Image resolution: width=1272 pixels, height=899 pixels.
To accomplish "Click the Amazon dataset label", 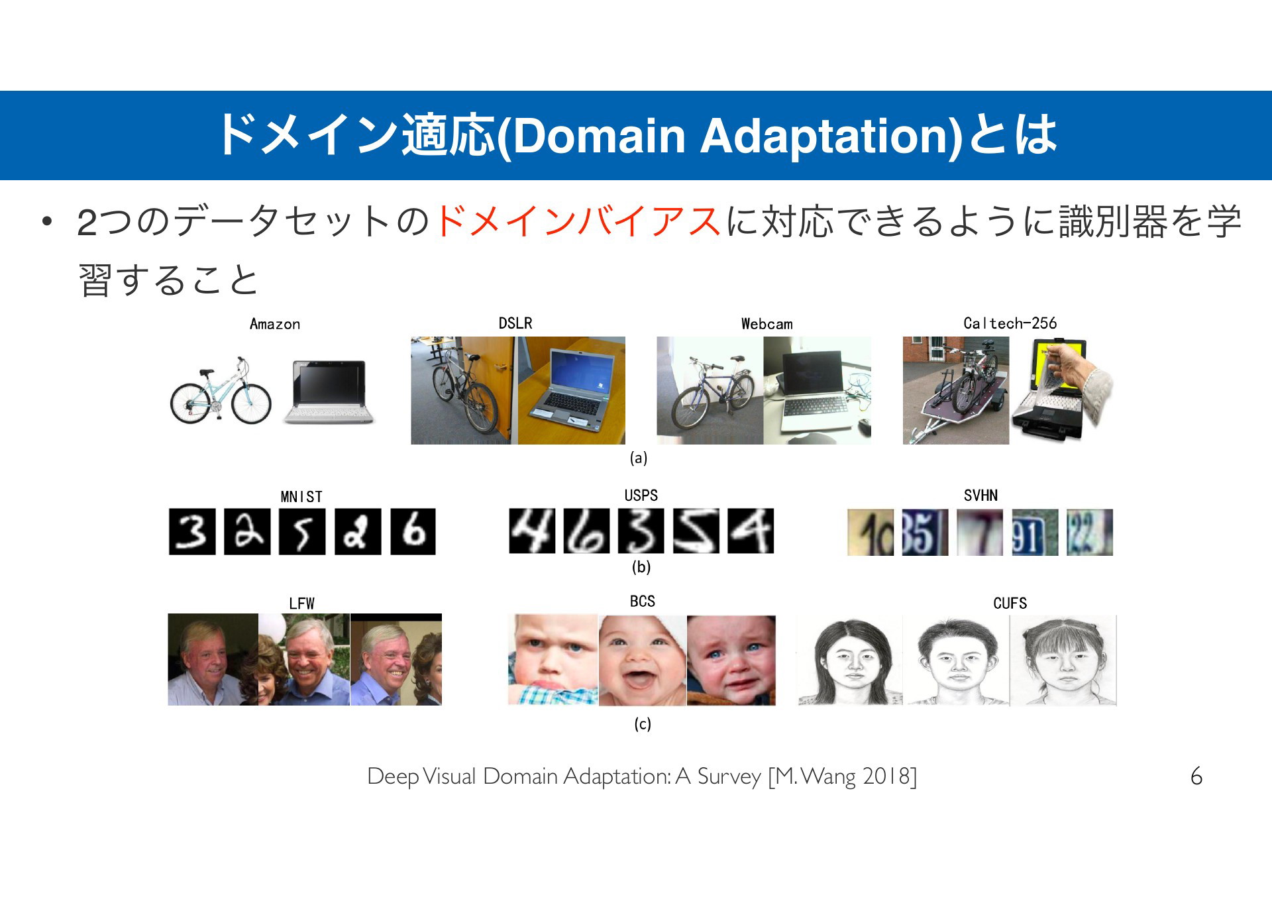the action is pyautogui.click(x=275, y=324).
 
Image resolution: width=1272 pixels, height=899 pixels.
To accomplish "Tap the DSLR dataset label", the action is pyautogui.click(x=515, y=323).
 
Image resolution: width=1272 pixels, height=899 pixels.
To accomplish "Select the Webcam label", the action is pyautogui.click(x=767, y=324).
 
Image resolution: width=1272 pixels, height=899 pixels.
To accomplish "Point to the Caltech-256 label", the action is pyautogui.click(x=1010, y=323).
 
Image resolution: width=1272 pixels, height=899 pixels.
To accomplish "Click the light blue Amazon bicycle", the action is pyautogui.click(x=221, y=392).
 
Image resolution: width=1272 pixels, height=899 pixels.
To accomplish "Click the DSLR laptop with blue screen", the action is pyautogui.click(x=572, y=390).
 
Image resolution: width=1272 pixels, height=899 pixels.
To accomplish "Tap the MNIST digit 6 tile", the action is pyautogui.click(x=413, y=531).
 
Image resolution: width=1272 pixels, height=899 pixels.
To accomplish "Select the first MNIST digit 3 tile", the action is pyautogui.click(x=192, y=531).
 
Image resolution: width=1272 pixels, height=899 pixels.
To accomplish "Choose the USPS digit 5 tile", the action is pyautogui.click(x=696, y=531).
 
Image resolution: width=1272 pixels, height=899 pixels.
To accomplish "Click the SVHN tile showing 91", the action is pyautogui.click(x=1035, y=533).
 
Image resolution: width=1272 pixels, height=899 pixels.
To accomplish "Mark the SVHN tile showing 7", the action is pyautogui.click(x=980, y=533).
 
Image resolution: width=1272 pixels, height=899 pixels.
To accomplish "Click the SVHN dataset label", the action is pyautogui.click(x=980, y=496).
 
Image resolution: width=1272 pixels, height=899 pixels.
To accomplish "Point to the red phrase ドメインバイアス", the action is pyautogui.click(x=578, y=221).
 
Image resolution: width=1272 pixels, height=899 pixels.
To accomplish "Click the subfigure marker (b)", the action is pyautogui.click(x=641, y=567).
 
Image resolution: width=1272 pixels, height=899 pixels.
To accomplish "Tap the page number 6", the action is pyautogui.click(x=1196, y=776).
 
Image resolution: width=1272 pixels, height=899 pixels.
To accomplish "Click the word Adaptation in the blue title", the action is pyautogui.click(x=830, y=136).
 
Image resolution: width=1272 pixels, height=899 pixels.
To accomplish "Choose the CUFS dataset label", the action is pyautogui.click(x=1010, y=604).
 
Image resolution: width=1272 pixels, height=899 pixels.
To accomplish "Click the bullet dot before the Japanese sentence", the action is pyautogui.click(x=46, y=222).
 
